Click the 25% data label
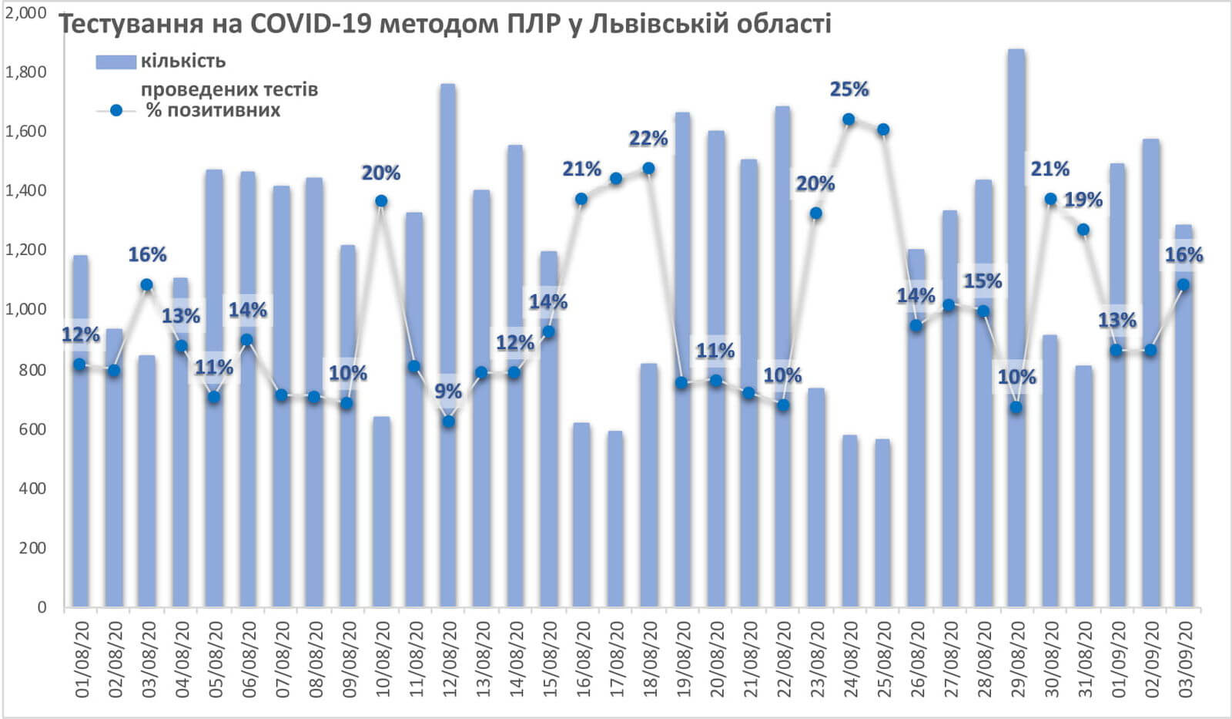(849, 90)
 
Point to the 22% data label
(648, 139)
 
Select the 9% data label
(448, 391)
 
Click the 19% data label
(1083, 200)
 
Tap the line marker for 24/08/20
(849, 119)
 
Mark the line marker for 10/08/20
(381, 201)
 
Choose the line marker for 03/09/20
(1183, 285)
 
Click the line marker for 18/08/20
(648, 169)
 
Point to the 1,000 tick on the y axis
(25, 310)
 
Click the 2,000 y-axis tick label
(25, 12)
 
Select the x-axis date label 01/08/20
(82, 655)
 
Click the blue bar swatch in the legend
(115, 62)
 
